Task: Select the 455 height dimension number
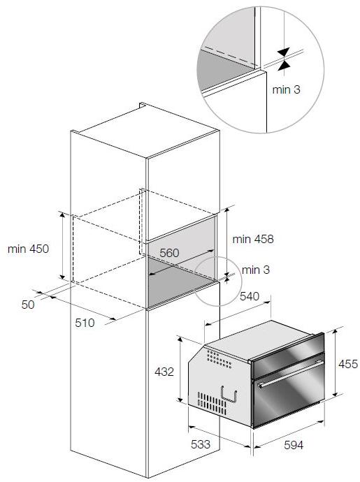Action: point(347,364)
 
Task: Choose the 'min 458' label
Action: point(253,239)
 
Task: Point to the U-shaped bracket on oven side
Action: point(229,395)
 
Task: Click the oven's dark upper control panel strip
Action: point(289,360)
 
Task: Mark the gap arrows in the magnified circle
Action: point(284,58)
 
